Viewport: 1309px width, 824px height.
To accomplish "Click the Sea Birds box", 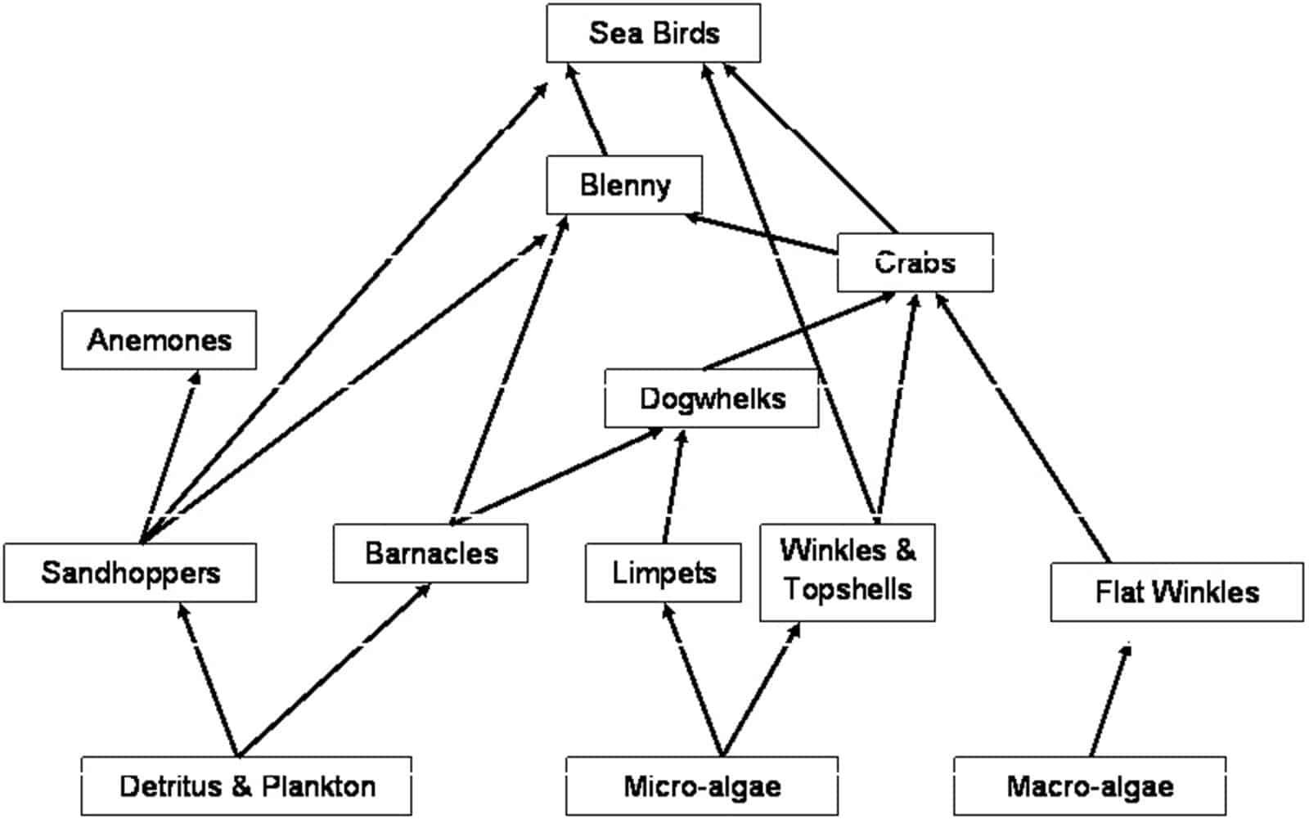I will pos(653,34).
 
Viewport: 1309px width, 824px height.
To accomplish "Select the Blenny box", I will pos(624,185).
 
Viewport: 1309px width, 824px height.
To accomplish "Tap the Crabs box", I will pos(915,263).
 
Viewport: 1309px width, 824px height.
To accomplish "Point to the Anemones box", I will pos(159,340).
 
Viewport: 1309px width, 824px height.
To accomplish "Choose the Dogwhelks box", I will pos(711,398).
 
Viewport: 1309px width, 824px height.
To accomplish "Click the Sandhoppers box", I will pos(130,573).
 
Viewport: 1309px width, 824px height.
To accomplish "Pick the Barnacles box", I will pos(430,553).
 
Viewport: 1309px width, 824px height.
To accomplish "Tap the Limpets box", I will pos(663,573).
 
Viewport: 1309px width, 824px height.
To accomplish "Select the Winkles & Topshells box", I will pos(847,572).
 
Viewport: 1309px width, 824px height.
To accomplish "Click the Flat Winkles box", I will pos(1176,592).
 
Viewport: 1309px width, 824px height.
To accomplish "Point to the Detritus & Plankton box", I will pos(246,786).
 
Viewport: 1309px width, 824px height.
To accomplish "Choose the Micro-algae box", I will pos(701,786).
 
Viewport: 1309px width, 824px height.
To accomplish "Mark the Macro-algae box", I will pos(1089,786).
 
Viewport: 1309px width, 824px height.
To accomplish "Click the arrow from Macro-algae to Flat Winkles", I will pos(1110,700).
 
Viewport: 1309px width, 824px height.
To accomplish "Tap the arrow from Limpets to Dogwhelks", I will pos(673,487).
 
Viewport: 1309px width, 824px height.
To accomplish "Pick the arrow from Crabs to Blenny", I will pos(761,234).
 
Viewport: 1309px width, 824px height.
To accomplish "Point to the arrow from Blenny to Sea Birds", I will pos(587,110).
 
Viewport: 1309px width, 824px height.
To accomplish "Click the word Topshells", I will pos(847,589).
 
